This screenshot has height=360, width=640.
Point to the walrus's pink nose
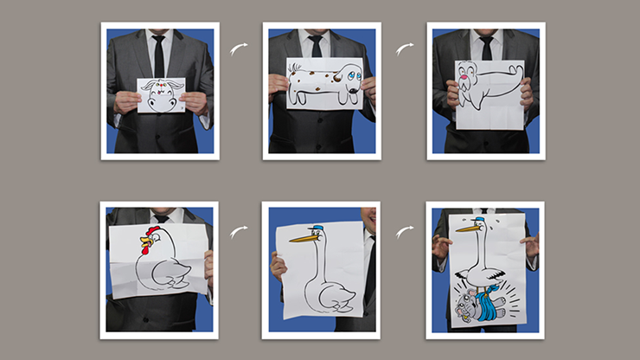(471, 84)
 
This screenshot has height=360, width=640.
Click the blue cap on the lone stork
(317, 229)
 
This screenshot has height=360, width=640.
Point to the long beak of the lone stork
(299, 238)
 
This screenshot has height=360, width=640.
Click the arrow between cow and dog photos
(240, 48)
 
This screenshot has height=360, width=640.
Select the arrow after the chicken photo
(240, 231)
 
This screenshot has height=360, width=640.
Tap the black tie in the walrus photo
(487, 47)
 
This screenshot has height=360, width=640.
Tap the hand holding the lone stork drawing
(278, 265)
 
